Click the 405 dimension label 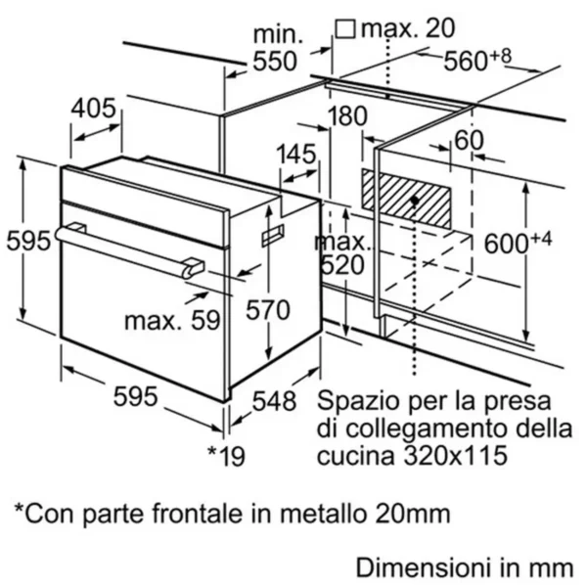pos(94,109)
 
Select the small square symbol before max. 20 pos(344,29)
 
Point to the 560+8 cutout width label pos(477,60)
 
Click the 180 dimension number pos(347,115)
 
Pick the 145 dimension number pos(296,154)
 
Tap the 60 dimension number pos(469,140)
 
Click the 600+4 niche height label pos(518,243)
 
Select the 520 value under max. pos(342,265)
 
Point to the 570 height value pos(268,310)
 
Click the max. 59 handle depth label pos(172,321)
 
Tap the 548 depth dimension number pos(274,401)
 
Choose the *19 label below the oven pos(227,456)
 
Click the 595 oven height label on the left pos(28,241)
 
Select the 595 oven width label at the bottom pos(135,396)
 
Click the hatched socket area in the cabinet pos(406,199)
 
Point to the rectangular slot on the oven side pos(273,236)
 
